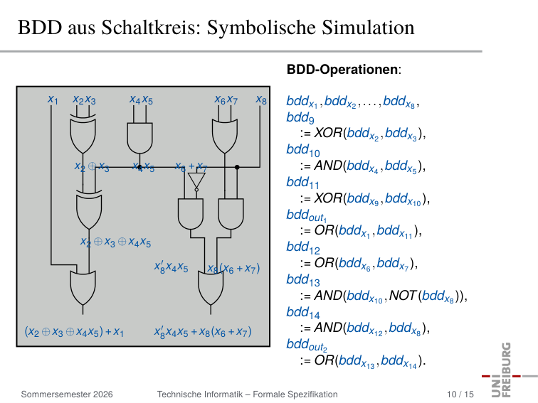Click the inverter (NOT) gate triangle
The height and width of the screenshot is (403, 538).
[x=196, y=181]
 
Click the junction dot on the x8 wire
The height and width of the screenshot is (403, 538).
[x=237, y=167]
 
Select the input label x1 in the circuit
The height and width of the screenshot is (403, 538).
[x=53, y=100]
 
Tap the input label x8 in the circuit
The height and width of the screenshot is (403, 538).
[x=261, y=100]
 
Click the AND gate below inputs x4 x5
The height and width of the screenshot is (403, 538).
[x=139, y=138]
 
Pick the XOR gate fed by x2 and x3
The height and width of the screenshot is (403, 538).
[x=83, y=134]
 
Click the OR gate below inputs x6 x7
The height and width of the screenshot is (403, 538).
[x=225, y=136]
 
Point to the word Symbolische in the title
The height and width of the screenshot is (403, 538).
[x=260, y=28]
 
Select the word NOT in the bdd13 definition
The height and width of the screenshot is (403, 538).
[x=403, y=296]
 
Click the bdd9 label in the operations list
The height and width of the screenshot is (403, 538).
[x=300, y=117]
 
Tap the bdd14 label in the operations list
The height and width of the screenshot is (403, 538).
[x=303, y=312]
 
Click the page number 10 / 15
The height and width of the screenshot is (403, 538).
[x=460, y=394]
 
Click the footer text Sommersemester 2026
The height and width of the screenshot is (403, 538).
[x=67, y=394]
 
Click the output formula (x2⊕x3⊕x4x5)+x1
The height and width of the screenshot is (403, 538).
[x=74, y=332]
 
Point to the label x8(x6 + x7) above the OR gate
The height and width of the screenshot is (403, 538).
[x=233, y=268]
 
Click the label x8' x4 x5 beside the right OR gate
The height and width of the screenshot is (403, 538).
[x=171, y=267]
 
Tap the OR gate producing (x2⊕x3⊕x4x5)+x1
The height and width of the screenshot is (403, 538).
[x=83, y=288]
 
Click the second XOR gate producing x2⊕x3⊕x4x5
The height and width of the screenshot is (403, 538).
[x=89, y=210]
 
